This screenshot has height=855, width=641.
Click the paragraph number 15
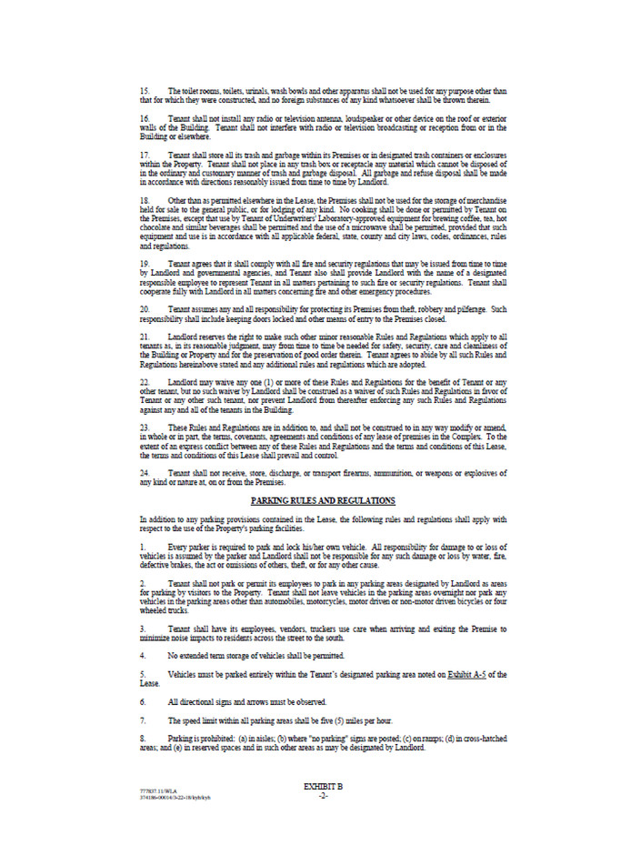point(145,89)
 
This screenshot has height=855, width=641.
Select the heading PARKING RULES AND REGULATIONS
point(323,501)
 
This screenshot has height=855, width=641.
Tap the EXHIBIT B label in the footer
point(322,784)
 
